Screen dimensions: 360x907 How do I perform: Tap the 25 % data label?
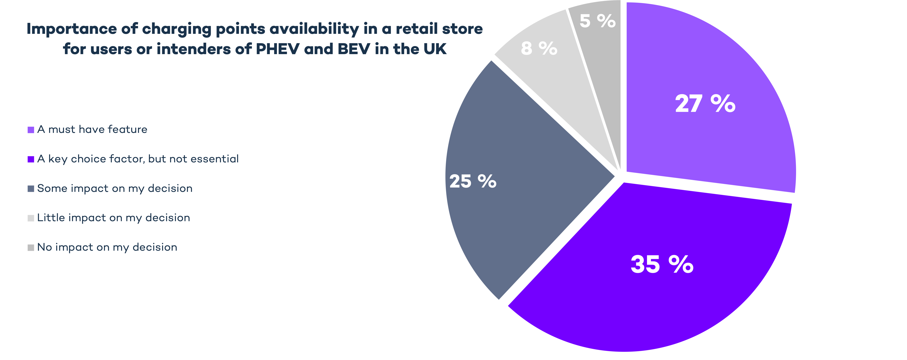pos(473,182)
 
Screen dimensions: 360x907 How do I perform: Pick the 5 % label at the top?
pos(597,21)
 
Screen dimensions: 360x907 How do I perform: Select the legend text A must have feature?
pos(92,130)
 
